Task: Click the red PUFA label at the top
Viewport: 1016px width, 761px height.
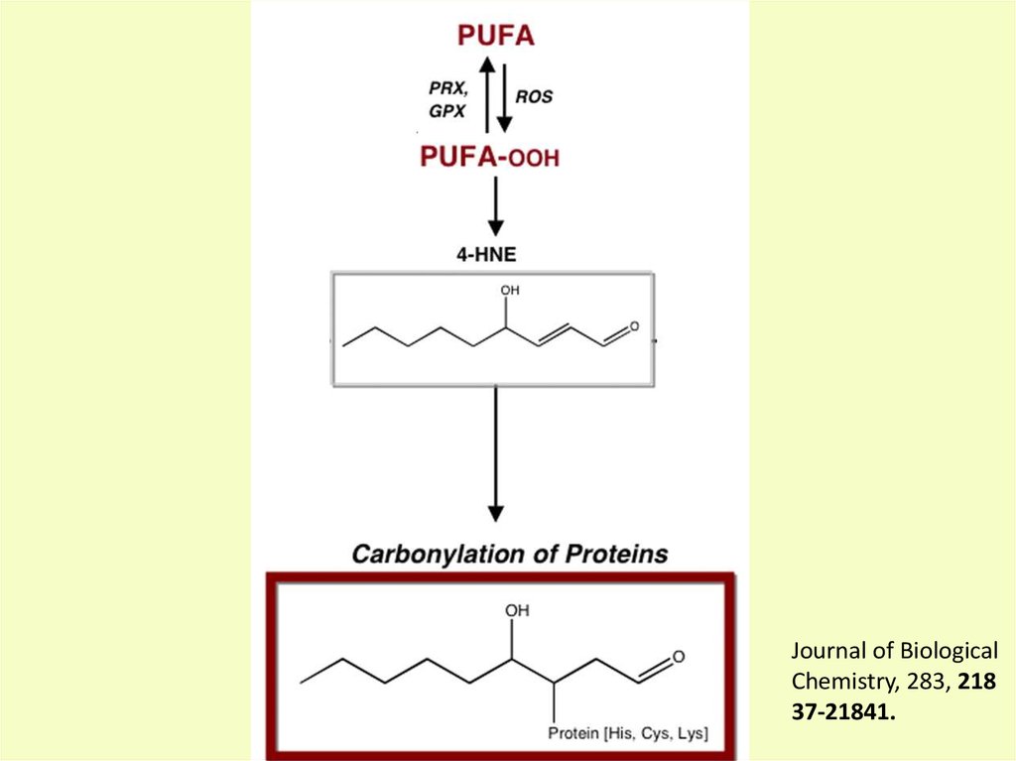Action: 495,36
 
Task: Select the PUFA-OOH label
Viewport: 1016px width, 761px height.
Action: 490,156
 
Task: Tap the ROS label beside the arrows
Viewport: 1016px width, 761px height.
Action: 534,97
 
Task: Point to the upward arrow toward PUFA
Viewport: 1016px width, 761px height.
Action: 486,94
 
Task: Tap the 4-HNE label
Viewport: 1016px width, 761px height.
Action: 486,255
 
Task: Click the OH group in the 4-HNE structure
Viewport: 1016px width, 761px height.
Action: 510,291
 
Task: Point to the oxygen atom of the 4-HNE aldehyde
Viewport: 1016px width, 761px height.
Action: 635,326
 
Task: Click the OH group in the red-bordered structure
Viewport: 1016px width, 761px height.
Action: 517,610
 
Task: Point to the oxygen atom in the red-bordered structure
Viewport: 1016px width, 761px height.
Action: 679,657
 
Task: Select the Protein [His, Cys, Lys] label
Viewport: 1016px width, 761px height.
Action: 628,734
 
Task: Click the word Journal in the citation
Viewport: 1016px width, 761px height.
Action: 825,652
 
